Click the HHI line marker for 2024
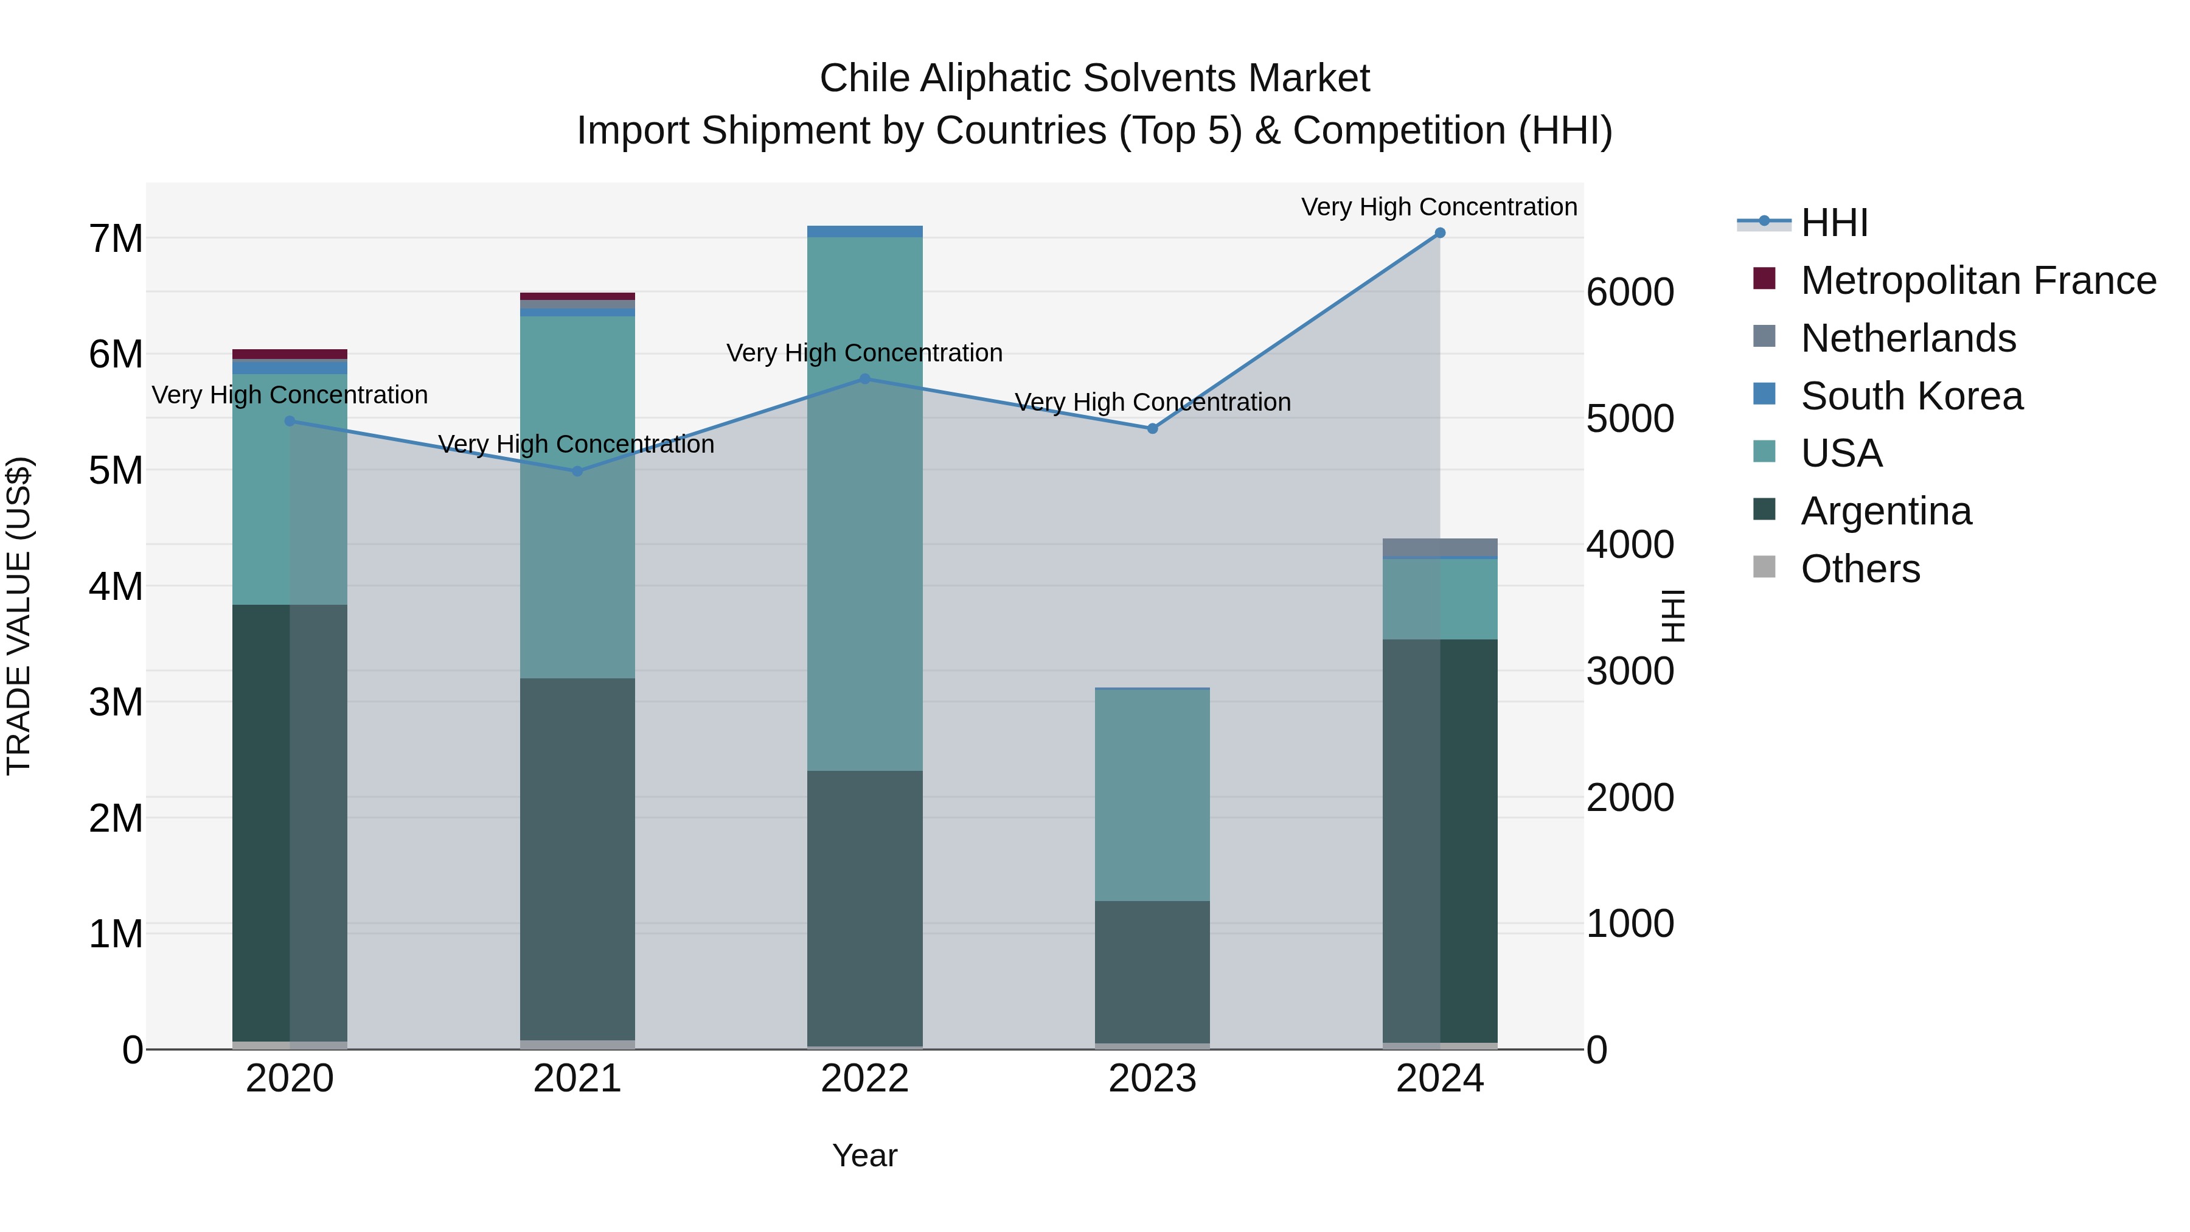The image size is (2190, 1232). point(1439,233)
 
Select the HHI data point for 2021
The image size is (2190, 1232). point(577,471)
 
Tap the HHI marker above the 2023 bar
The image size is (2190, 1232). point(1153,428)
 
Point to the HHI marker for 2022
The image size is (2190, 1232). point(864,379)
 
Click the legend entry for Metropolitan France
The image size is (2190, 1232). point(1978,280)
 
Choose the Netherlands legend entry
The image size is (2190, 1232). point(1908,338)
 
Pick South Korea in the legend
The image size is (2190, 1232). point(1912,396)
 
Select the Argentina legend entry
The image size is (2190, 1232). point(1886,511)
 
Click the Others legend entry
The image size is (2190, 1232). point(1860,569)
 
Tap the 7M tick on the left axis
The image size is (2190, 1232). point(116,239)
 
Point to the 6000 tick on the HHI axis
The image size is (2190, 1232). point(1630,293)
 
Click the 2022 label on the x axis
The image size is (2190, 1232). point(864,1079)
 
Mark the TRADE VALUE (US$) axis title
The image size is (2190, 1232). point(19,616)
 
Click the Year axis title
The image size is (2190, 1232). point(864,1155)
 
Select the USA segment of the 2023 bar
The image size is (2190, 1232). point(1152,794)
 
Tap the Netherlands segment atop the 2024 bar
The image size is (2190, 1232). point(1439,547)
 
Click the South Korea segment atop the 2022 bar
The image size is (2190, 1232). point(864,231)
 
